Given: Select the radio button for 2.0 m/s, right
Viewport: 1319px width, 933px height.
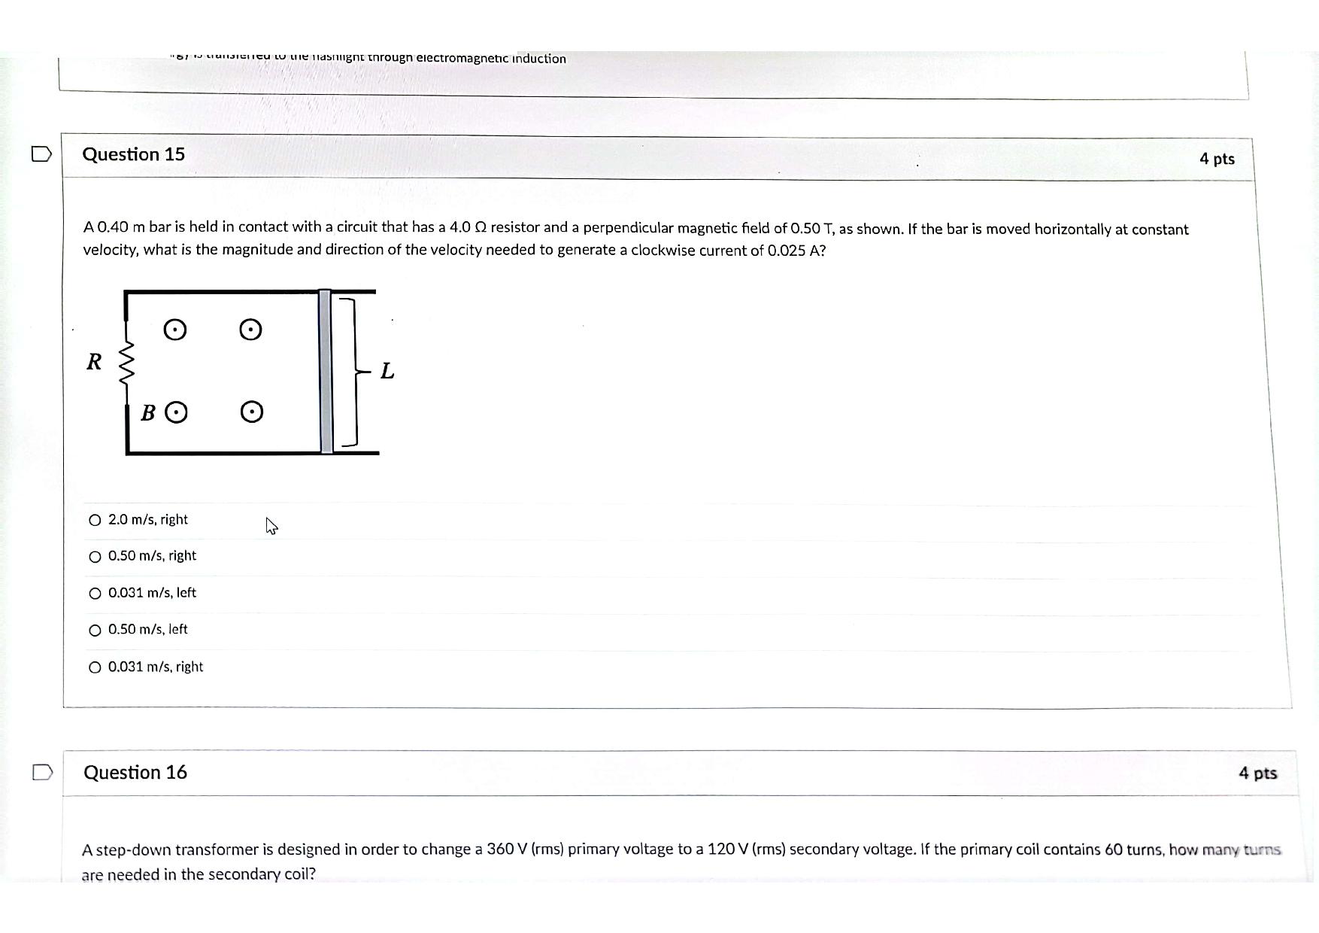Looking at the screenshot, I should coord(95,520).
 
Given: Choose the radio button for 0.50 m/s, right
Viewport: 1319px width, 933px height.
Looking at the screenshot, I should coord(95,557).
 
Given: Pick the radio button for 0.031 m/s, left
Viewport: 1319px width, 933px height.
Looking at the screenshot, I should coord(95,594).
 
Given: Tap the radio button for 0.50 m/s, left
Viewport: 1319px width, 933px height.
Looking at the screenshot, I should coord(95,631).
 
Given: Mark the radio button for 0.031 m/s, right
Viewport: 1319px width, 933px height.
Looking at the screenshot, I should coord(95,667).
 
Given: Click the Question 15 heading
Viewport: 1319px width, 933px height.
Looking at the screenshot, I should coord(133,154).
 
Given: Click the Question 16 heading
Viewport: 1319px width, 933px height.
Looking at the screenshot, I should coord(135,773).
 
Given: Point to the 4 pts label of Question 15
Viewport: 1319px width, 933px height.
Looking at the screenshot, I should coord(1217,159).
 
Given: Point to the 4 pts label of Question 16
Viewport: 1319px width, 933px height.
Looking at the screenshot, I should coord(1257,773).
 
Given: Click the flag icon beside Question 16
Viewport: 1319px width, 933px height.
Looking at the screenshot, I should coord(43,773).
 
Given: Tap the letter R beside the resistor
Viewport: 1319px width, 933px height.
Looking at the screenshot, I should coord(94,362).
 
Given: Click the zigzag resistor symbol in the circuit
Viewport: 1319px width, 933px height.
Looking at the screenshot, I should coord(127,362).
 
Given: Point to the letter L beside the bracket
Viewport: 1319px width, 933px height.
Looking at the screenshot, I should coord(387,371).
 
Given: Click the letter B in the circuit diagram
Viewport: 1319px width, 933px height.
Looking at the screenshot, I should coord(149,413).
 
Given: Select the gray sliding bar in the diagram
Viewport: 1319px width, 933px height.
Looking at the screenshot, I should coord(326,372).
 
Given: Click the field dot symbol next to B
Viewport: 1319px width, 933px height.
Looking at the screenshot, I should coord(176,412).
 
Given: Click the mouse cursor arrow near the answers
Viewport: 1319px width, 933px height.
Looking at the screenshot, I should coord(271,526).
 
